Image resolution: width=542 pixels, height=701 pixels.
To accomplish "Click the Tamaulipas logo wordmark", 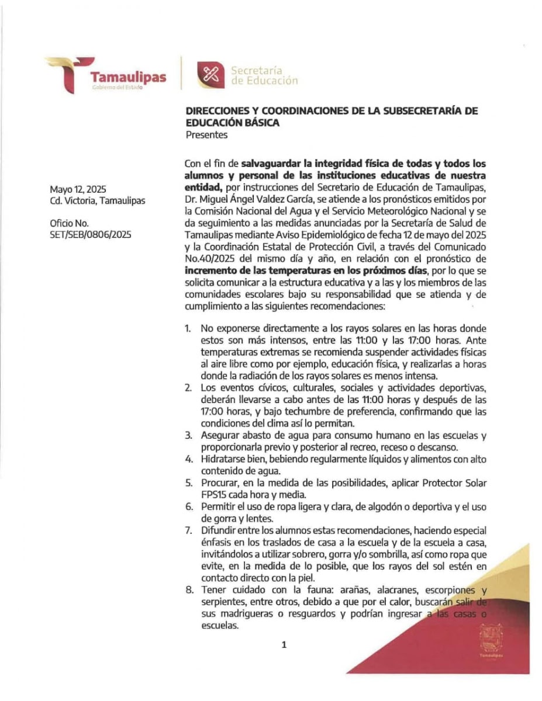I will coord(127,77).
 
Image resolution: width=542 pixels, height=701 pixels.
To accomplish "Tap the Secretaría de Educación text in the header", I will coord(264,75).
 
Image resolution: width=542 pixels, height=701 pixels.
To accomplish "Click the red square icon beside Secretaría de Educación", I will coord(209,74).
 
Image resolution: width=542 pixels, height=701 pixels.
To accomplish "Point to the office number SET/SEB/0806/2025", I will coord(91,234).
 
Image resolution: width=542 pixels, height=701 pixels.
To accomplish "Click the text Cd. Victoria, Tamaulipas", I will coord(98,201).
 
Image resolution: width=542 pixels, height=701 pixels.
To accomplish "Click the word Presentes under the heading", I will coord(206,135).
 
